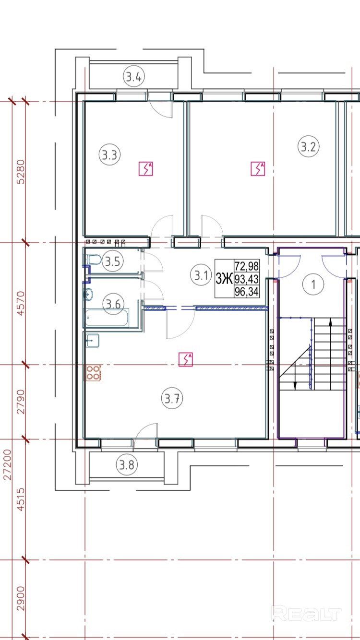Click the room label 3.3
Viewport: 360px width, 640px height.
[109, 155]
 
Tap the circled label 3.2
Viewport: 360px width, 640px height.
[309, 147]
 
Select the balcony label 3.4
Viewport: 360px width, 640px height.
[134, 77]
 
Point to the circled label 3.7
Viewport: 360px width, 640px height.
[172, 398]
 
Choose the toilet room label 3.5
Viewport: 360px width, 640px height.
[113, 261]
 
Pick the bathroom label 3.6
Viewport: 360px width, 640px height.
[113, 304]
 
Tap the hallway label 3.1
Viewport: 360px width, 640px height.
[201, 275]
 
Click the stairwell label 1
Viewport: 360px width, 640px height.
[313, 284]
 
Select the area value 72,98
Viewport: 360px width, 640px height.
[247, 266]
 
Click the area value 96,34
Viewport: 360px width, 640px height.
[247, 291]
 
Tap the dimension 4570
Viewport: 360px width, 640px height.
[21, 303]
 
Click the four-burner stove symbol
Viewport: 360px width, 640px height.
[92, 373]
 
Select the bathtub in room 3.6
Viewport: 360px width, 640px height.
[107, 317]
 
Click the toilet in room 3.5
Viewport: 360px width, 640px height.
[94, 260]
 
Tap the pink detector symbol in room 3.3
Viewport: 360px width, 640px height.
[146, 168]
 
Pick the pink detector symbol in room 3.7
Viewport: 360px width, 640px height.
[186, 359]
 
